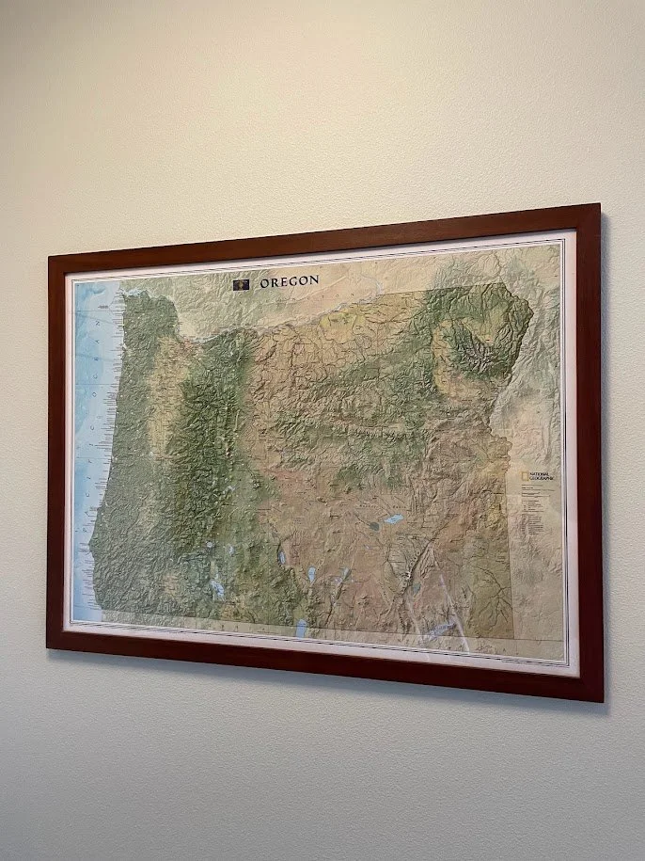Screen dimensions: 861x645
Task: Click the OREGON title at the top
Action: tap(289, 280)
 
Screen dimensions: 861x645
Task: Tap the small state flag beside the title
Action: tap(242, 281)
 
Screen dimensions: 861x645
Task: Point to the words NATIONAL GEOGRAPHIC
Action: tap(541, 478)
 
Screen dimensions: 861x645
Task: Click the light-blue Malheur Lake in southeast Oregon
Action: tap(393, 518)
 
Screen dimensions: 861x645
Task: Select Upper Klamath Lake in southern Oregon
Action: tap(218, 590)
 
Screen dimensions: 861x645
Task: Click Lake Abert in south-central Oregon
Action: tap(311, 573)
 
